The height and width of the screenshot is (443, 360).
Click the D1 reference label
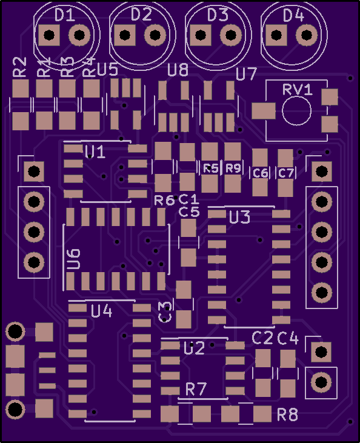click(x=65, y=15)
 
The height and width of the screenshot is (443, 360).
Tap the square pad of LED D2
click(x=125, y=35)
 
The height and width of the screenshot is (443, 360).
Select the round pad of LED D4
click(x=306, y=35)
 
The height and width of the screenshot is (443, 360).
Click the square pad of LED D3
click(x=201, y=35)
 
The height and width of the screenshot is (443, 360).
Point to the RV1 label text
click(x=298, y=90)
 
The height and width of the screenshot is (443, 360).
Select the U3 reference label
click(x=239, y=218)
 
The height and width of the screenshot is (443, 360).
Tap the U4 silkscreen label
click(x=102, y=311)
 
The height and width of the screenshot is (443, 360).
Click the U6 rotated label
click(x=74, y=259)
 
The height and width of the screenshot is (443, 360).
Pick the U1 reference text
click(x=95, y=152)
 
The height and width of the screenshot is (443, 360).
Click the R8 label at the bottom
click(x=288, y=415)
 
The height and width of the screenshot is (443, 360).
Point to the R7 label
click(x=196, y=389)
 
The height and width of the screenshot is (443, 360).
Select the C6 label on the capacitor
click(x=260, y=173)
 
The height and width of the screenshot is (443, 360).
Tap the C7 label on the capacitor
click(x=285, y=173)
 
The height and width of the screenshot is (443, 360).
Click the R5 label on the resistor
click(x=211, y=168)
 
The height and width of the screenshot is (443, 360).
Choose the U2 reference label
click(x=194, y=348)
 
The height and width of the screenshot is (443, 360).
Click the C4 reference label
click(x=288, y=338)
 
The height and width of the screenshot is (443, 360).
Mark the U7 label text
click(x=247, y=74)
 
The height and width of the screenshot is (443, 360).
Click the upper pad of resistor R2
click(x=21, y=88)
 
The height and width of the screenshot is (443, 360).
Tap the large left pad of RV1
click(x=264, y=111)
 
